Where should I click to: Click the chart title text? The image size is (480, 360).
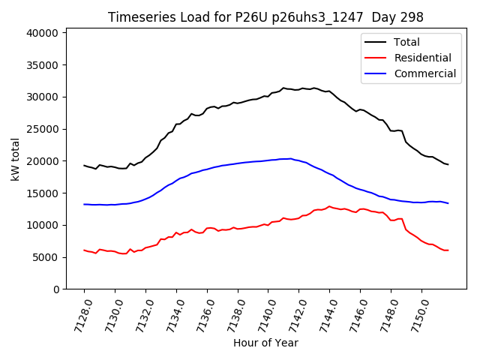tap(265, 17)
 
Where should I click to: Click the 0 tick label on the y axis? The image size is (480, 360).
tap(56, 289)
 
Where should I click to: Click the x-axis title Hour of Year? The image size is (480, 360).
tap(265, 343)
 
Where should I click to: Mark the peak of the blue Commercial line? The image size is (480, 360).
tap(290, 158)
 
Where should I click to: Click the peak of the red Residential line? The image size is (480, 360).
tap(329, 206)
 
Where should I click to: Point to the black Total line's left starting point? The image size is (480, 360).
tap(84, 165)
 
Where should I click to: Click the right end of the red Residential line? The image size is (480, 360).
tap(448, 250)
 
